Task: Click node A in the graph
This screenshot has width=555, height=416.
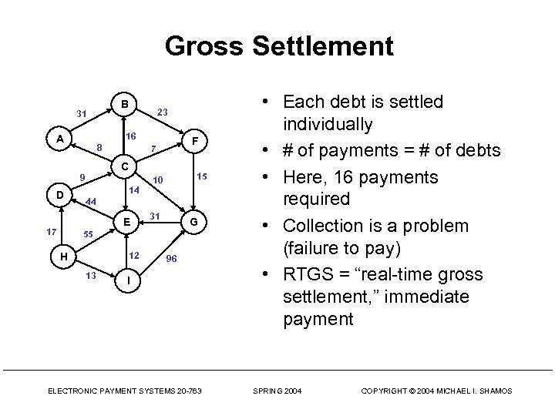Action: point(59,139)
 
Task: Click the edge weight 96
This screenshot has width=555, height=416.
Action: point(172,259)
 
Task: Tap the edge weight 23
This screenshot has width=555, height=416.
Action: point(163,112)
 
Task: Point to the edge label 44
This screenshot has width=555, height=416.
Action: point(90,202)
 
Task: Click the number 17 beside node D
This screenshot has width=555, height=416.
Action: point(51,231)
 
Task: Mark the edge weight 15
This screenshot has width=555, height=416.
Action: point(202,176)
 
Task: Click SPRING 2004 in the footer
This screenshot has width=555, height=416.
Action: point(277,391)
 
